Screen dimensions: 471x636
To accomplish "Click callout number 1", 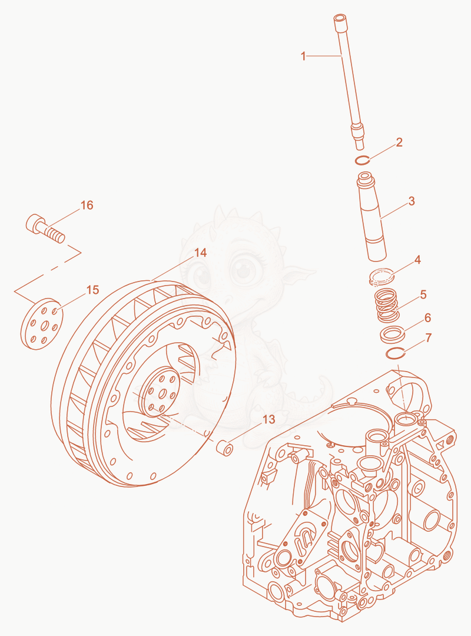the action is [303, 56].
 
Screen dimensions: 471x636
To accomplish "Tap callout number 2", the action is [399, 143].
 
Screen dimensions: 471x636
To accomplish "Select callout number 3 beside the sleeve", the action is [412, 201].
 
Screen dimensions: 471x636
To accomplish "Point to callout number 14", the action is [200, 253].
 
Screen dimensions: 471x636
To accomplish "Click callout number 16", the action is [87, 206].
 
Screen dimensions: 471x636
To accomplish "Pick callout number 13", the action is [269, 419].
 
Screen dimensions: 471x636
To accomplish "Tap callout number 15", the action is [93, 290].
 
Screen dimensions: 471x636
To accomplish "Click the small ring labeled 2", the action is [363, 161].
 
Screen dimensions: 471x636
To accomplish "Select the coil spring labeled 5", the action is [386, 304].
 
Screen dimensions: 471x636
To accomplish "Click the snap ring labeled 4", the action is [382, 276].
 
